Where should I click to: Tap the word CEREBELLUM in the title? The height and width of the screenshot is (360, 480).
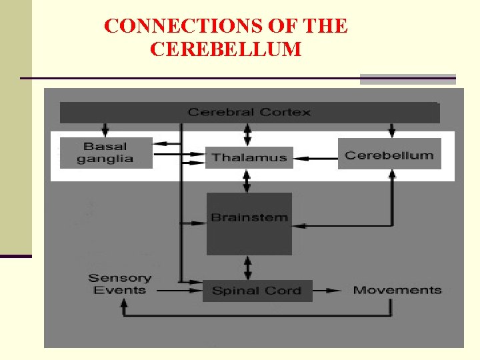[226, 49]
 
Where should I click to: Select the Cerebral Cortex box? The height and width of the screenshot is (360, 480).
[249, 112]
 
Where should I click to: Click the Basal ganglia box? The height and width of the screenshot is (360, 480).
[105, 153]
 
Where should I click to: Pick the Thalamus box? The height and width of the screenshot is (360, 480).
[249, 158]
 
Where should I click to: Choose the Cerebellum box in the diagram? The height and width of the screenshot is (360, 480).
[389, 155]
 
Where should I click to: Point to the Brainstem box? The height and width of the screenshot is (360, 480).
[249, 223]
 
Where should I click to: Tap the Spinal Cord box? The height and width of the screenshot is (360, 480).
[257, 291]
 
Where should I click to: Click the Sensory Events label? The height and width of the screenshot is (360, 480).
[120, 284]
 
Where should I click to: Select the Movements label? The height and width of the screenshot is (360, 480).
[397, 290]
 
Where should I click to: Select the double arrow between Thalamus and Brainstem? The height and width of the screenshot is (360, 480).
[248, 180]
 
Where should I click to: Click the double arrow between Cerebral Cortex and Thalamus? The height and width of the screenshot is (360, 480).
[248, 134]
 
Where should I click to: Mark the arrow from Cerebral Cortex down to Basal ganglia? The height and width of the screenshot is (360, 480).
[105, 129]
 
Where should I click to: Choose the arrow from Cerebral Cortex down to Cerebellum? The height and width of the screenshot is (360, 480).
[391, 129]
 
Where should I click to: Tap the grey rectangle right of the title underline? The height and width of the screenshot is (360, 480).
[407, 79]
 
